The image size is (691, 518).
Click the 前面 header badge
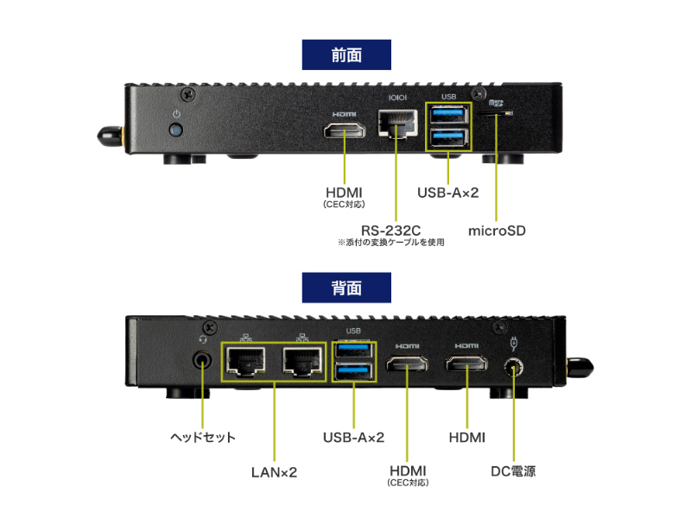click(345, 54)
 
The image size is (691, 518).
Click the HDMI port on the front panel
click(345, 131)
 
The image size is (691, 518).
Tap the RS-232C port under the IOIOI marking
click(397, 126)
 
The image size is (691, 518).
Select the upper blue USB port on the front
click(449, 115)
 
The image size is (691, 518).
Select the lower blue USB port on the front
click(449, 136)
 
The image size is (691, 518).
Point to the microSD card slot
click(496, 113)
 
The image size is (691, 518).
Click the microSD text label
click(497, 231)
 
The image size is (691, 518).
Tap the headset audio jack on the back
click(203, 359)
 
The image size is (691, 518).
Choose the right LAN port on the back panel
click(301, 363)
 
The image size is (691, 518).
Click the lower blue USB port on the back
click(354, 372)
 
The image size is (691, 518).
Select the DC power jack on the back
click(514, 369)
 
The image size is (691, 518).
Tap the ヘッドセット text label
click(203, 438)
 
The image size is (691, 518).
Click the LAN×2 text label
click(274, 471)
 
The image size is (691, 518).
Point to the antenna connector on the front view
click(108, 136)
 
